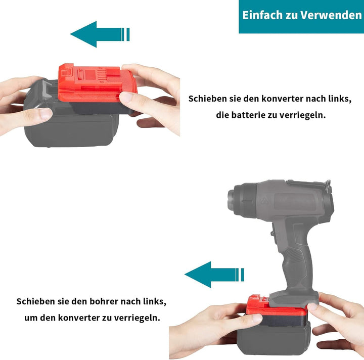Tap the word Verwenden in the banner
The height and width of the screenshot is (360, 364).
click(x=331, y=15)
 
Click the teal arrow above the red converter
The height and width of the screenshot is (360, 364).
click(x=100, y=34)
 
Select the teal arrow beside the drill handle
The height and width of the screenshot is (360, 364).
click(x=214, y=275)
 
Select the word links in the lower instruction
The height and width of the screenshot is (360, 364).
click(x=154, y=301)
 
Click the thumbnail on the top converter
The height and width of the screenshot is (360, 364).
click(x=126, y=97)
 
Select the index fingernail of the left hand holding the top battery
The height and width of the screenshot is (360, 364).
click(x=45, y=113)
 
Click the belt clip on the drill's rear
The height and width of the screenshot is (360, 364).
click(x=327, y=187)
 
